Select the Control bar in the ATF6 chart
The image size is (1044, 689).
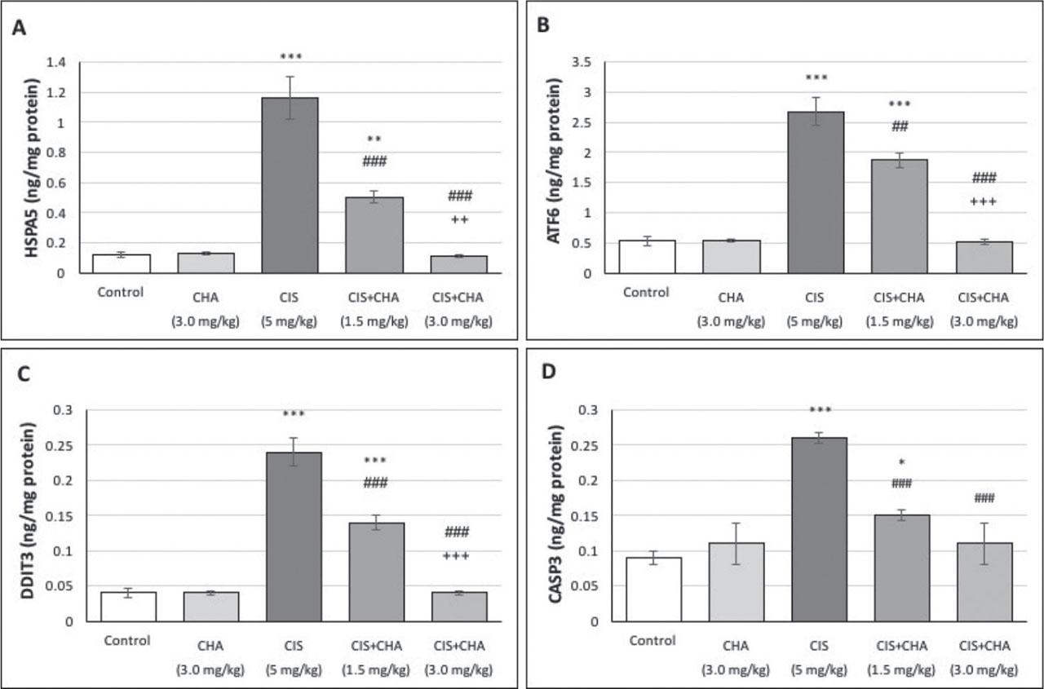click(x=647, y=257)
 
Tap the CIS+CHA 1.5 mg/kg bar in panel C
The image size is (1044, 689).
click(x=375, y=572)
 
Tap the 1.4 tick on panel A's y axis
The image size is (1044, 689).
click(x=59, y=63)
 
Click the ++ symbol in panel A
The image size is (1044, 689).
click(x=459, y=219)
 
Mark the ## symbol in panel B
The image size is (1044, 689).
click(x=900, y=126)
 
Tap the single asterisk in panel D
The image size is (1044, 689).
click(x=900, y=463)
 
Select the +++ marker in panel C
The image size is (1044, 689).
click(x=459, y=556)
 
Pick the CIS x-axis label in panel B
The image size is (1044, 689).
click(x=816, y=298)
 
